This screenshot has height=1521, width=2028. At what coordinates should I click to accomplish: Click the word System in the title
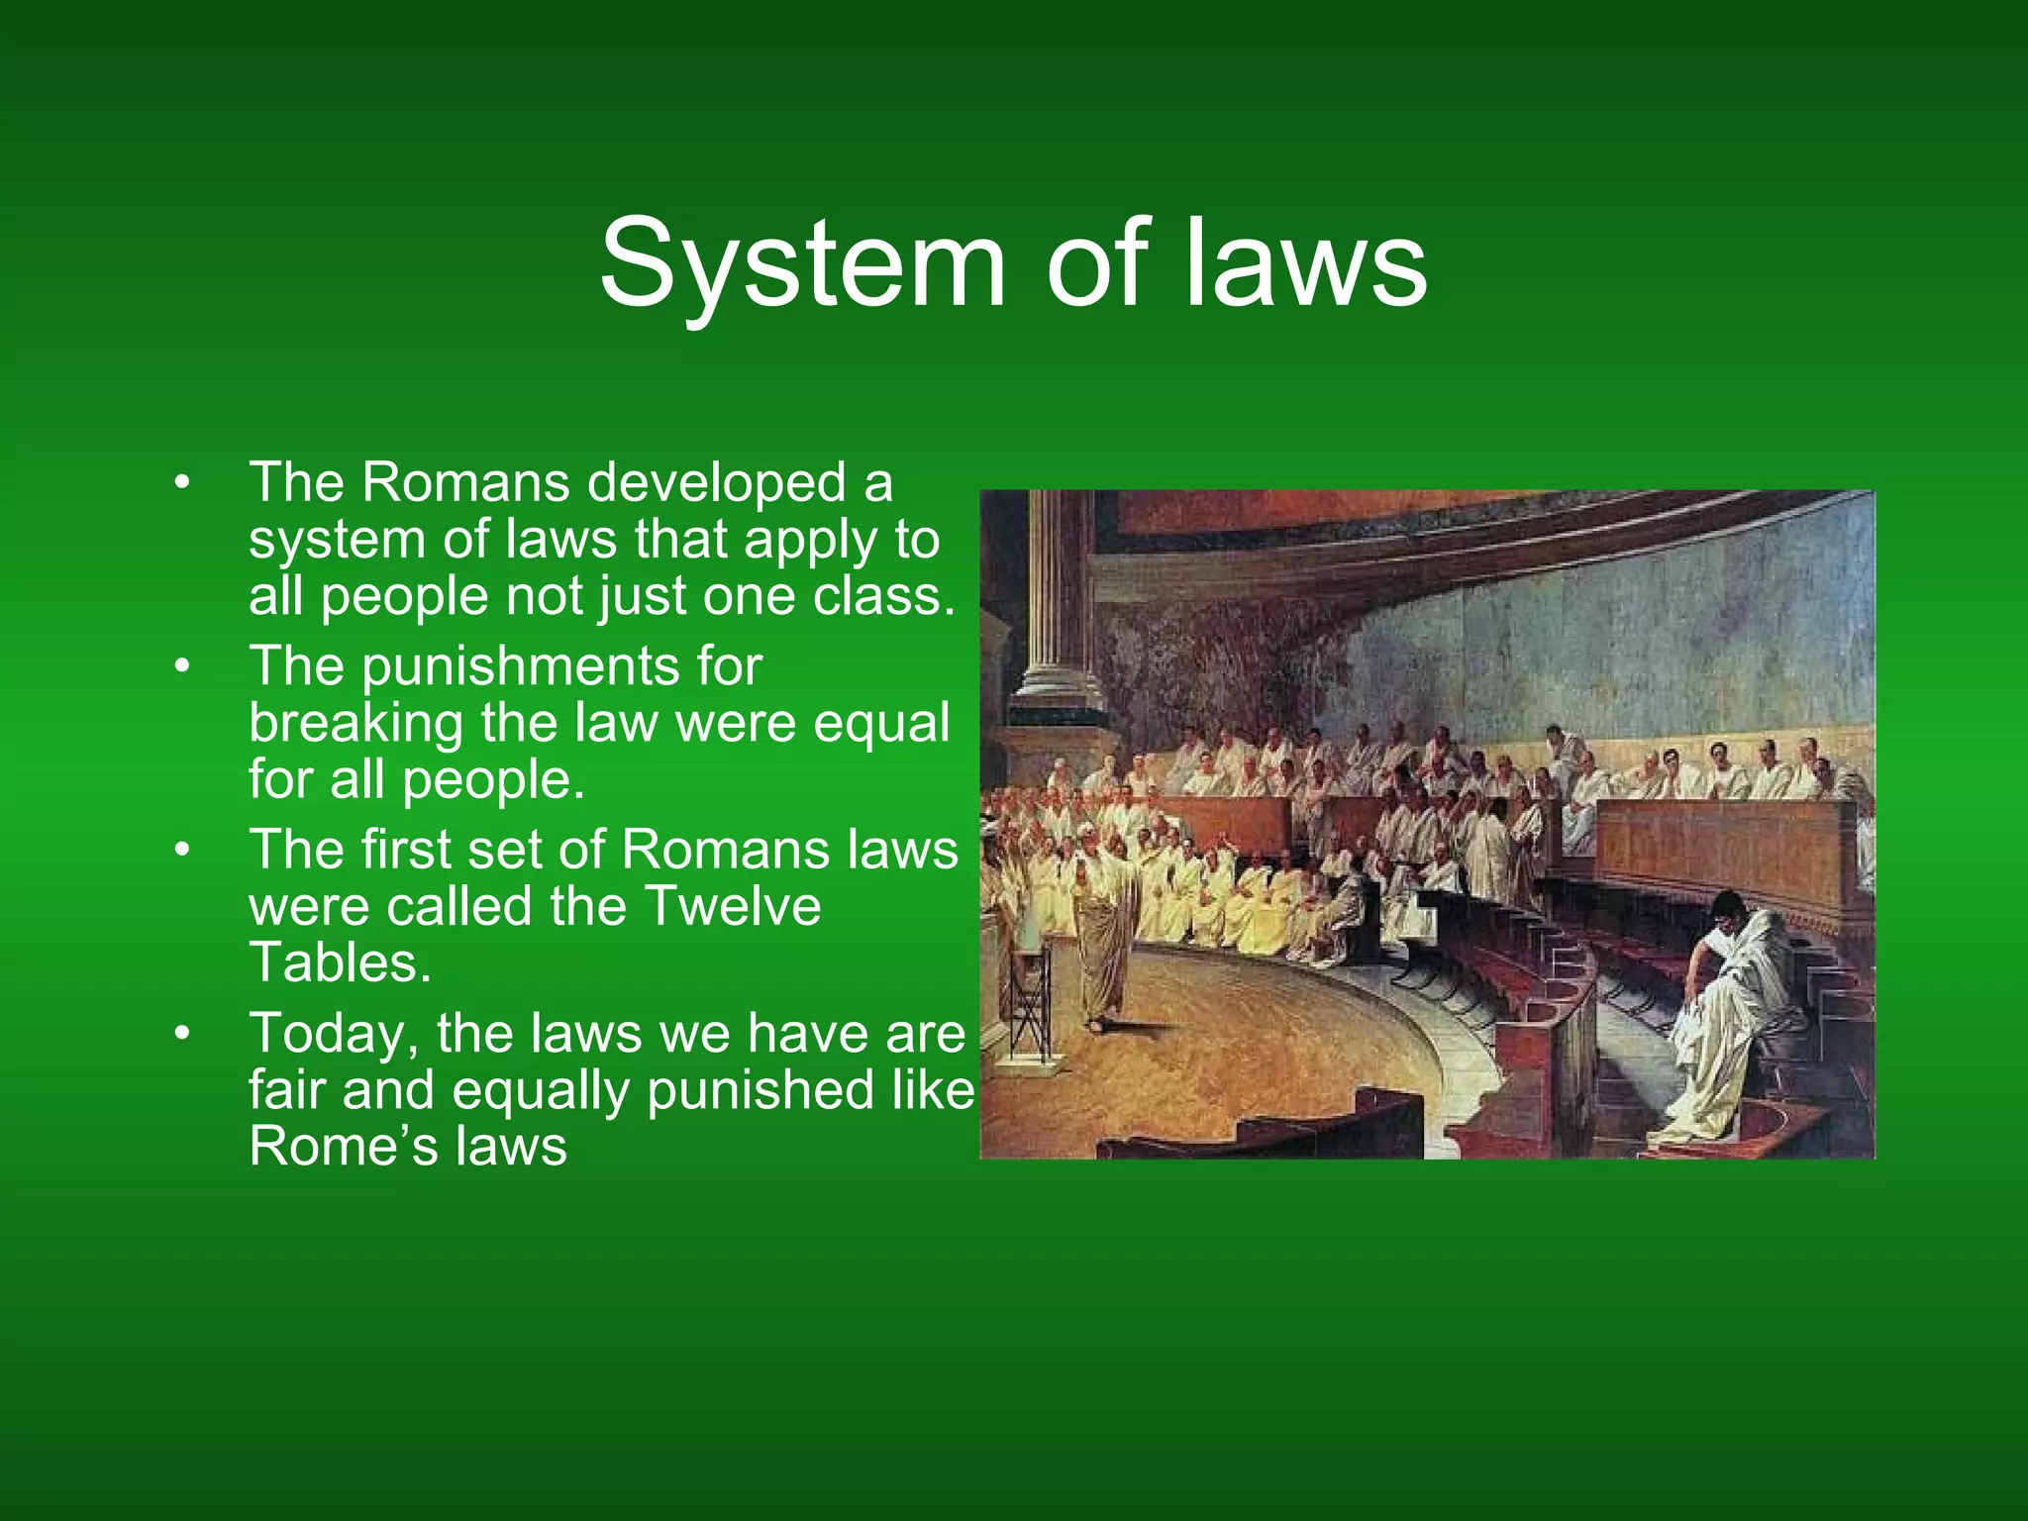[x=802, y=264]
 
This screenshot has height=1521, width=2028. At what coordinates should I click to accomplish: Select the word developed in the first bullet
[x=717, y=483]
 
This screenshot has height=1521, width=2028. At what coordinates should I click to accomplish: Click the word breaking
[x=355, y=724]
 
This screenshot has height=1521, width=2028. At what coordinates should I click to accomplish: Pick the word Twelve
[x=732, y=907]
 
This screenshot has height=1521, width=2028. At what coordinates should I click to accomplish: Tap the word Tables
[x=340, y=963]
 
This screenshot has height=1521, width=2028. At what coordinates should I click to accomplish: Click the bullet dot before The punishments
[x=180, y=666]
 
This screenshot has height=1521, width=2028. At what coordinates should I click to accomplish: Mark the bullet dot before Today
[x=180, y=1034]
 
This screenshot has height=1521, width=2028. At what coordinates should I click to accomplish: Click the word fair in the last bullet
[x=286, y=1091]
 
